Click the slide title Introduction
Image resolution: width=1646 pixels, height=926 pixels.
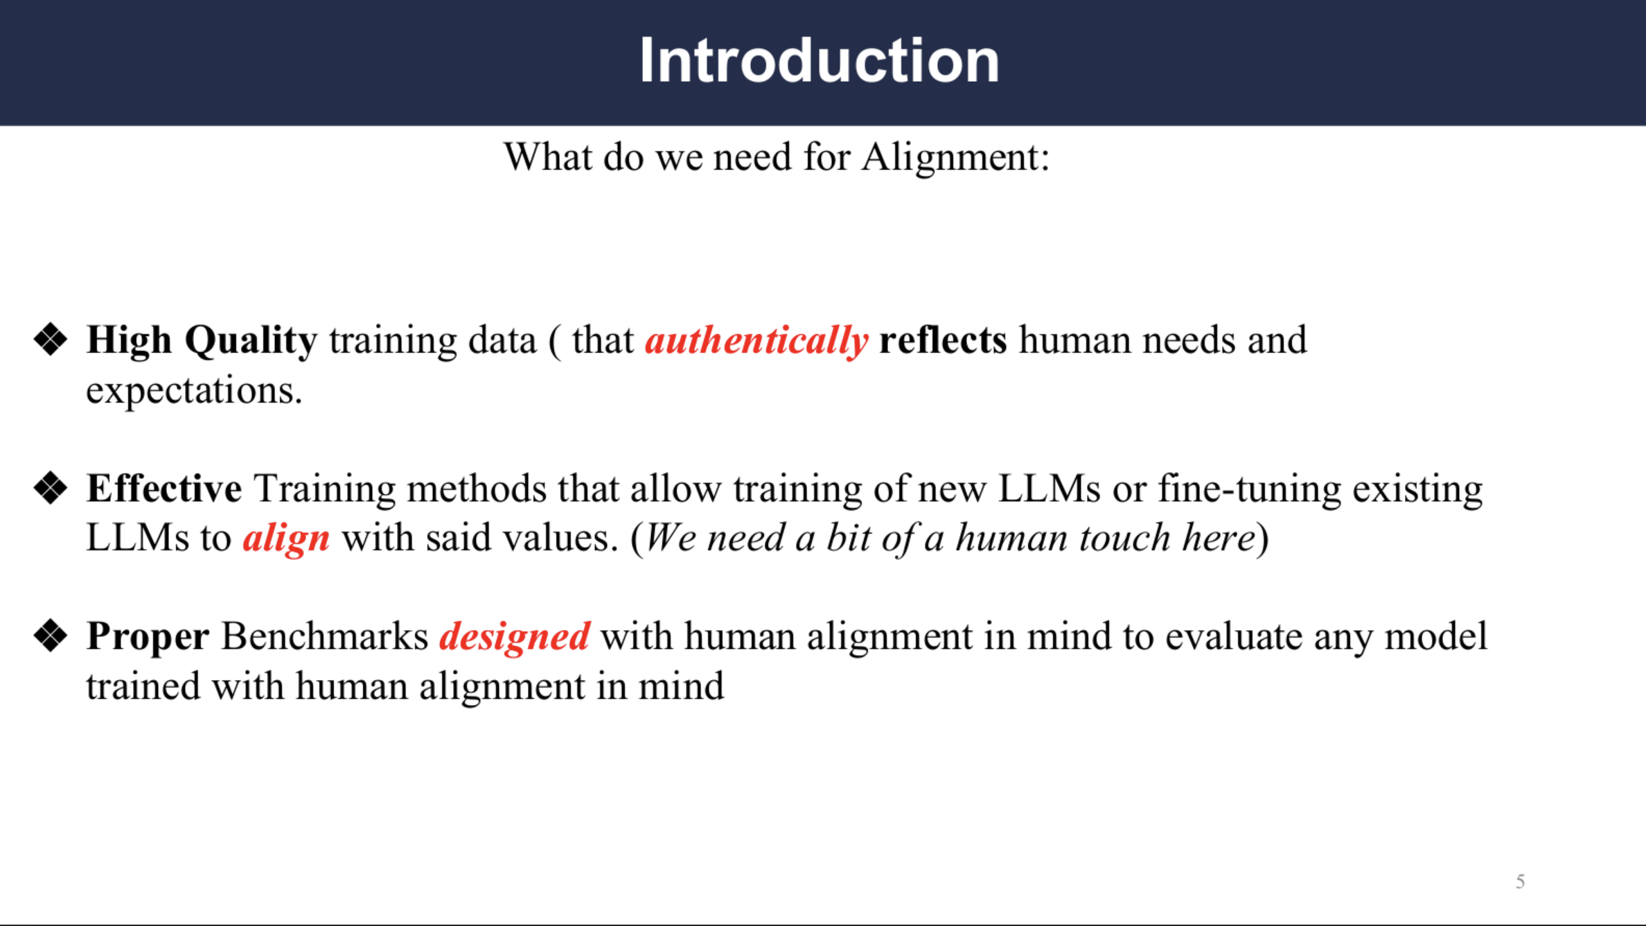tap(820, 61)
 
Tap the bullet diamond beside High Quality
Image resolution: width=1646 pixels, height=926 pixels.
tap(51, 340)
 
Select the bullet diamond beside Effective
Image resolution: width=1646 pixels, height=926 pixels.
tap(51, 488)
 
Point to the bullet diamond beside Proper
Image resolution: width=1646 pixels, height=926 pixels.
tap(51, 636)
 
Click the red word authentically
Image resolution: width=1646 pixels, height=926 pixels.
tap(756, 341)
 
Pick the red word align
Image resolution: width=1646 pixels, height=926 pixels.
tap(286, 539)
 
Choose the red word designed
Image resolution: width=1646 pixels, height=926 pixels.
tap(515, 637)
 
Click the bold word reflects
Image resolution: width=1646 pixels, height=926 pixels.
tap(944, 340)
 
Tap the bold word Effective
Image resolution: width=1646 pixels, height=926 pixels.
tap(164, 488)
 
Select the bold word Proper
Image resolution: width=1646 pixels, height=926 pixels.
tap(148, 637)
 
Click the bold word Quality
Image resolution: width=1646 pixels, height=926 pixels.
tap(251, 341)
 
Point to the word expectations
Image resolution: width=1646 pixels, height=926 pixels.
tap(195, 391)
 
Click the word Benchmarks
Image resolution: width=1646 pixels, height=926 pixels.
tap(325, 636)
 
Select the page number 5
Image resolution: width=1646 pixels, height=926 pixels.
tap(1520, 882)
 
